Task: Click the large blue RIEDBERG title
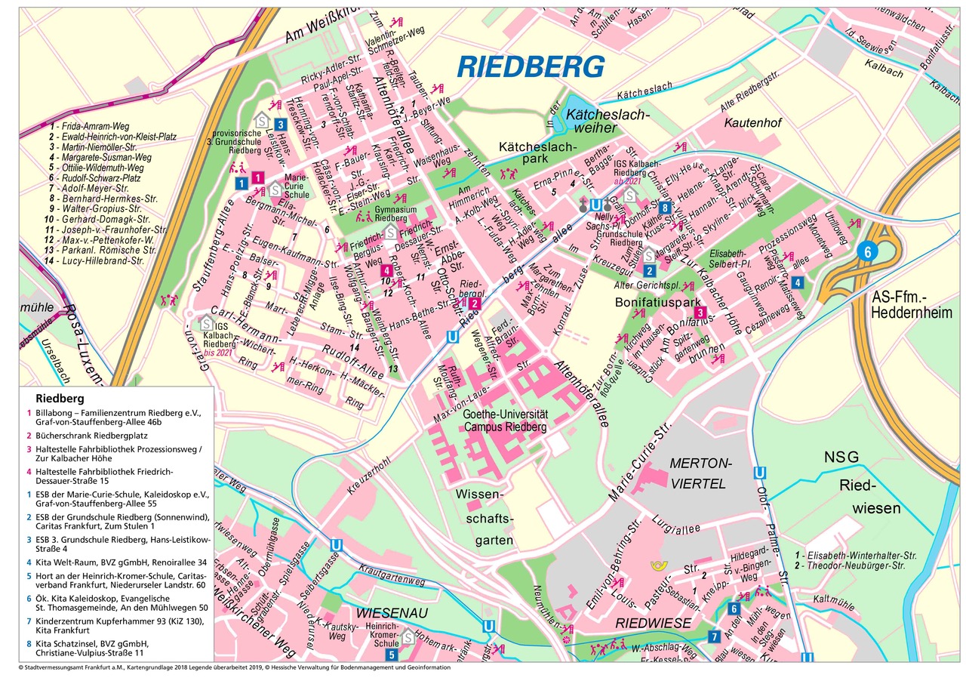pyautogui.click(x=531, y=67)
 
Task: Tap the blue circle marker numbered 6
pyautogui.click(x=867, y=252)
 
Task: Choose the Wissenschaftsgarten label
pyautogui.click(x=485, y=518)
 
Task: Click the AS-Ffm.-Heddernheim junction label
pyautogui.click(x=911, y=305)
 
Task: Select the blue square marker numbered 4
pyautogui.click(x=798, y=282)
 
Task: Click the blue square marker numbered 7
pyautogui.click(x=714, y=636)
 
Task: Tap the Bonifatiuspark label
pyautogui.click(x=648, y=300)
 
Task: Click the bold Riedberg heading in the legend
pyautogui.click(x=59, y=398)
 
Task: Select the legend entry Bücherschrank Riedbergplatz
pyautogui.click(x=91, y=436)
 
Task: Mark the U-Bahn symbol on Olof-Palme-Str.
pyautogui.click(x=761, y=473)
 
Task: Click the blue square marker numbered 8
pyautogui.click(x=665, y=208)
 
